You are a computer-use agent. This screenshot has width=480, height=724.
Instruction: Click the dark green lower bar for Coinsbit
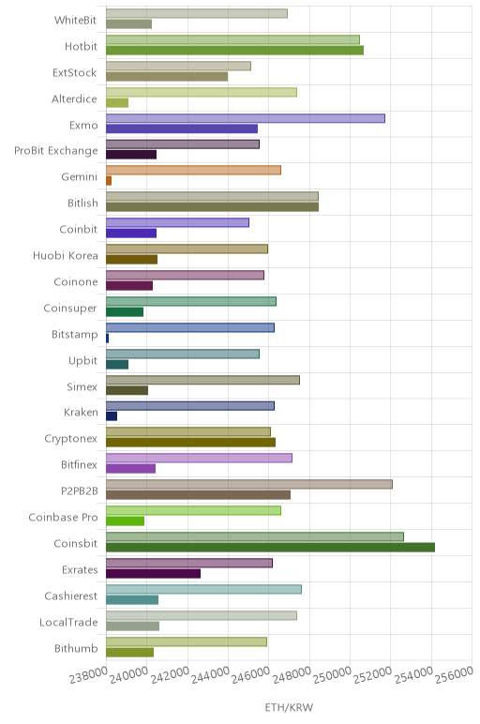(x=270, y=548)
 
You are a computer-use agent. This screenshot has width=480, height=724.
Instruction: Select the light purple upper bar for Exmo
(x=246, y=118)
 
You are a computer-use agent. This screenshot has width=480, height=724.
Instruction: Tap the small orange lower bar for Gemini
(x=109, y=181)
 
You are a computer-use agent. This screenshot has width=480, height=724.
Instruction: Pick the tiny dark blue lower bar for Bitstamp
(x=108, y=339)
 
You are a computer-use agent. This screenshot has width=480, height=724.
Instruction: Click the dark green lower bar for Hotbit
(x=235, y=51)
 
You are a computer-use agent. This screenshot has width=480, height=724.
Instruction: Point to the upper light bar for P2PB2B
(x=249, y=484)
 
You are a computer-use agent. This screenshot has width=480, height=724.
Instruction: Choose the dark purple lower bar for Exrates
(x=153, y=574)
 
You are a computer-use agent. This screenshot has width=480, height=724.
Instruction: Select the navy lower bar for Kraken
(x=112, y=416)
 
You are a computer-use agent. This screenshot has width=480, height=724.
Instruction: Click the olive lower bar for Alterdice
(x=117, y=103)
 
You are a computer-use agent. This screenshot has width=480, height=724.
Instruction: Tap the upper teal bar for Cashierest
(x=204, y=589)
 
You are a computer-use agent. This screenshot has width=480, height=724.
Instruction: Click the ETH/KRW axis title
(x=289, y=707)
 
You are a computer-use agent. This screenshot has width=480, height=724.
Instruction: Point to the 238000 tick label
(x=89, y=675)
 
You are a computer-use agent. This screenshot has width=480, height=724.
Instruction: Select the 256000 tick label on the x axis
(x=454, y=675)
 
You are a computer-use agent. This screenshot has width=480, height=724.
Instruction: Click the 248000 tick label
(x=292, y=675)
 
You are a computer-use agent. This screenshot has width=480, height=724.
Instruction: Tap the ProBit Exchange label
(x=56, y=151)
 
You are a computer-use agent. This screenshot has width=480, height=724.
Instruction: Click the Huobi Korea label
(x=66, y=255)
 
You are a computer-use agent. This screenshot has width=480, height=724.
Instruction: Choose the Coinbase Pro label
(x=63, y=517)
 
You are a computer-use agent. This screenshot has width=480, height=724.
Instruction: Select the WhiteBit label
(x=76, y=20)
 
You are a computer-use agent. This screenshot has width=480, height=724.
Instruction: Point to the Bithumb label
(x=76, y=648)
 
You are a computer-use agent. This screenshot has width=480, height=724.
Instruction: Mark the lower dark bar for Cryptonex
(x=190, y=443)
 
